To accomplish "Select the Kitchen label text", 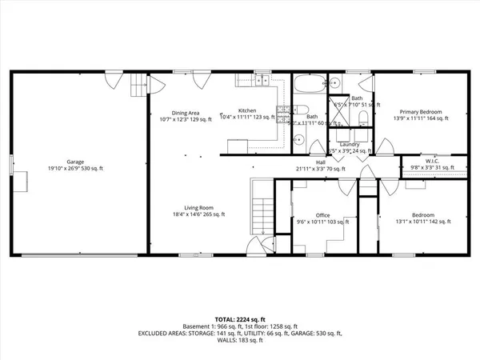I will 247,111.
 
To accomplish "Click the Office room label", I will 322,215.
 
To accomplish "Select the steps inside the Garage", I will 140,84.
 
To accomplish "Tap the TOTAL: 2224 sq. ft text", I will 239,318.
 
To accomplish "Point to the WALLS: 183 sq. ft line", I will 239,342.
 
